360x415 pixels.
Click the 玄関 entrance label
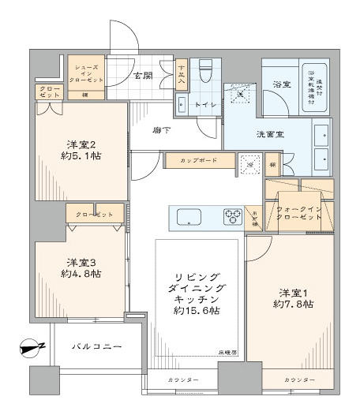[x=142, y=76]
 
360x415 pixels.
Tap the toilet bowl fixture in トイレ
[x=206, y=71]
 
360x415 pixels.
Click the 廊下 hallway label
[x=161, y=130]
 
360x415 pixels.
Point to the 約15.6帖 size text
[x=198, y=311]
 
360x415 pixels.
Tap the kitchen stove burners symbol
[x=232, y=215]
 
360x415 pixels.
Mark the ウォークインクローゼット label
[x=298, y=213]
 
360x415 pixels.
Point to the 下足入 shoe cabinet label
[x=181, y=73]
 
